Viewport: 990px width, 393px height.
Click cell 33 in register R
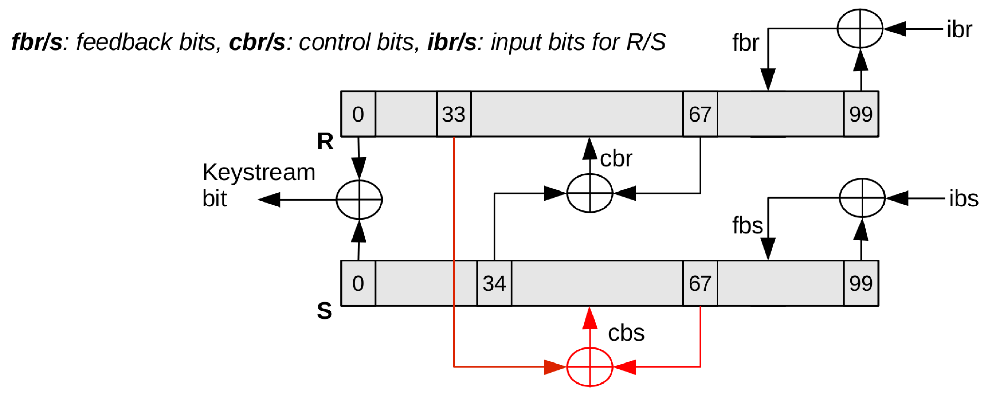454,114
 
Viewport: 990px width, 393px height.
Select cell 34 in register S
494,284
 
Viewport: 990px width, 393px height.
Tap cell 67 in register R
700,114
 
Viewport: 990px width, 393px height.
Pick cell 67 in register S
700,284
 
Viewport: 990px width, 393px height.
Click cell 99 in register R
861,114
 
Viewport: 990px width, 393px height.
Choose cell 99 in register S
861,284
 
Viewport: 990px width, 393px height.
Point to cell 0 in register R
358,114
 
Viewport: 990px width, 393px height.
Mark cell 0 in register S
358,284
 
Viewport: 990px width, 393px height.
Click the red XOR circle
590,367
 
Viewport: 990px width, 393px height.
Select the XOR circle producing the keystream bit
359,200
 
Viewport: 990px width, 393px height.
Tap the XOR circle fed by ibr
860,28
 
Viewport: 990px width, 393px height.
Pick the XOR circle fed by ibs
862,198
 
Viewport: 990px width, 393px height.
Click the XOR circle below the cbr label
590,193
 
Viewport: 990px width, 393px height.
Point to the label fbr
745,42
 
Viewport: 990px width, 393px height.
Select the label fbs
747,225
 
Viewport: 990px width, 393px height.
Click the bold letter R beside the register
325,141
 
